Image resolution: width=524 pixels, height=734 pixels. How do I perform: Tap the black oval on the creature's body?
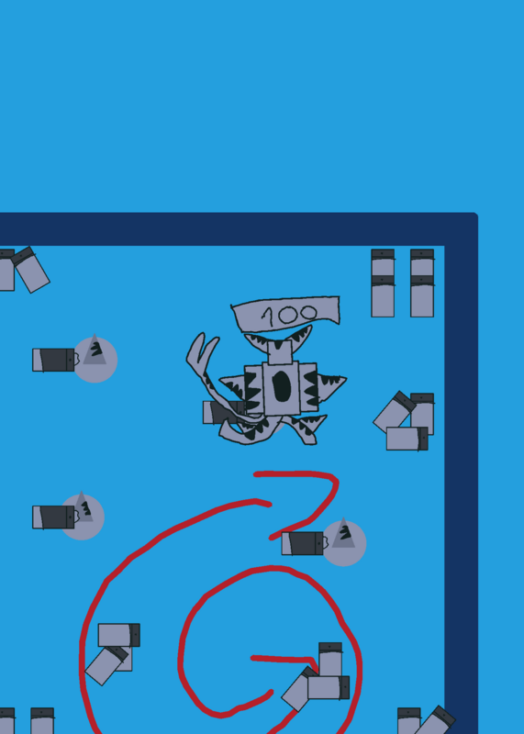tap(282, 386)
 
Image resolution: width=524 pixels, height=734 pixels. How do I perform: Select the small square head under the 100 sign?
tap(280, 352)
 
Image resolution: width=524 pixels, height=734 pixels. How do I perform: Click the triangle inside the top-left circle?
tap(95, 350)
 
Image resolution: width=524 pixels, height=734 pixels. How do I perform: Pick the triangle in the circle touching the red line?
tap(344, 533)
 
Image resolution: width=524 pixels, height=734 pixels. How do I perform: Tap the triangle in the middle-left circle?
tap(83, 507)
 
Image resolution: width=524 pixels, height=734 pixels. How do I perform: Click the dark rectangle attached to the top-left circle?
tap(53, 360)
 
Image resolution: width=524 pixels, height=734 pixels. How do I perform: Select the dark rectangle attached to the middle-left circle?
tap(53, 517)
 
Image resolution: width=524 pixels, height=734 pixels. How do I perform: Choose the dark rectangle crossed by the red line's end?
tap(303, 543)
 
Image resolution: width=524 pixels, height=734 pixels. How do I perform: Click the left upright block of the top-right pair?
tap(383, 284)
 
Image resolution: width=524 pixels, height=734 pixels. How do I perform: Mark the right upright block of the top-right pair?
tap(422, 284)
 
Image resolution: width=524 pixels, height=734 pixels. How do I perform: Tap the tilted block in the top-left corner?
tap(31, 270)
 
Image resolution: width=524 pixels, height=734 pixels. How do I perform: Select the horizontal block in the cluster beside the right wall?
tap(407, 439)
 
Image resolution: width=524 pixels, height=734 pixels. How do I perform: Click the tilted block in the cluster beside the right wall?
tap(395, 411)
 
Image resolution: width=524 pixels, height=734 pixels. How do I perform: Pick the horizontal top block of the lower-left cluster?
tap(119, 635)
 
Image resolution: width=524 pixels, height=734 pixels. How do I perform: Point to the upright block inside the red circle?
tap(330, 660)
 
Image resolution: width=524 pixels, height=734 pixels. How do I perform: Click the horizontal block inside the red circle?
tap(329, 687)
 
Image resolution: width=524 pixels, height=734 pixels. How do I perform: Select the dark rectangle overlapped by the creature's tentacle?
tap(224, 412)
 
